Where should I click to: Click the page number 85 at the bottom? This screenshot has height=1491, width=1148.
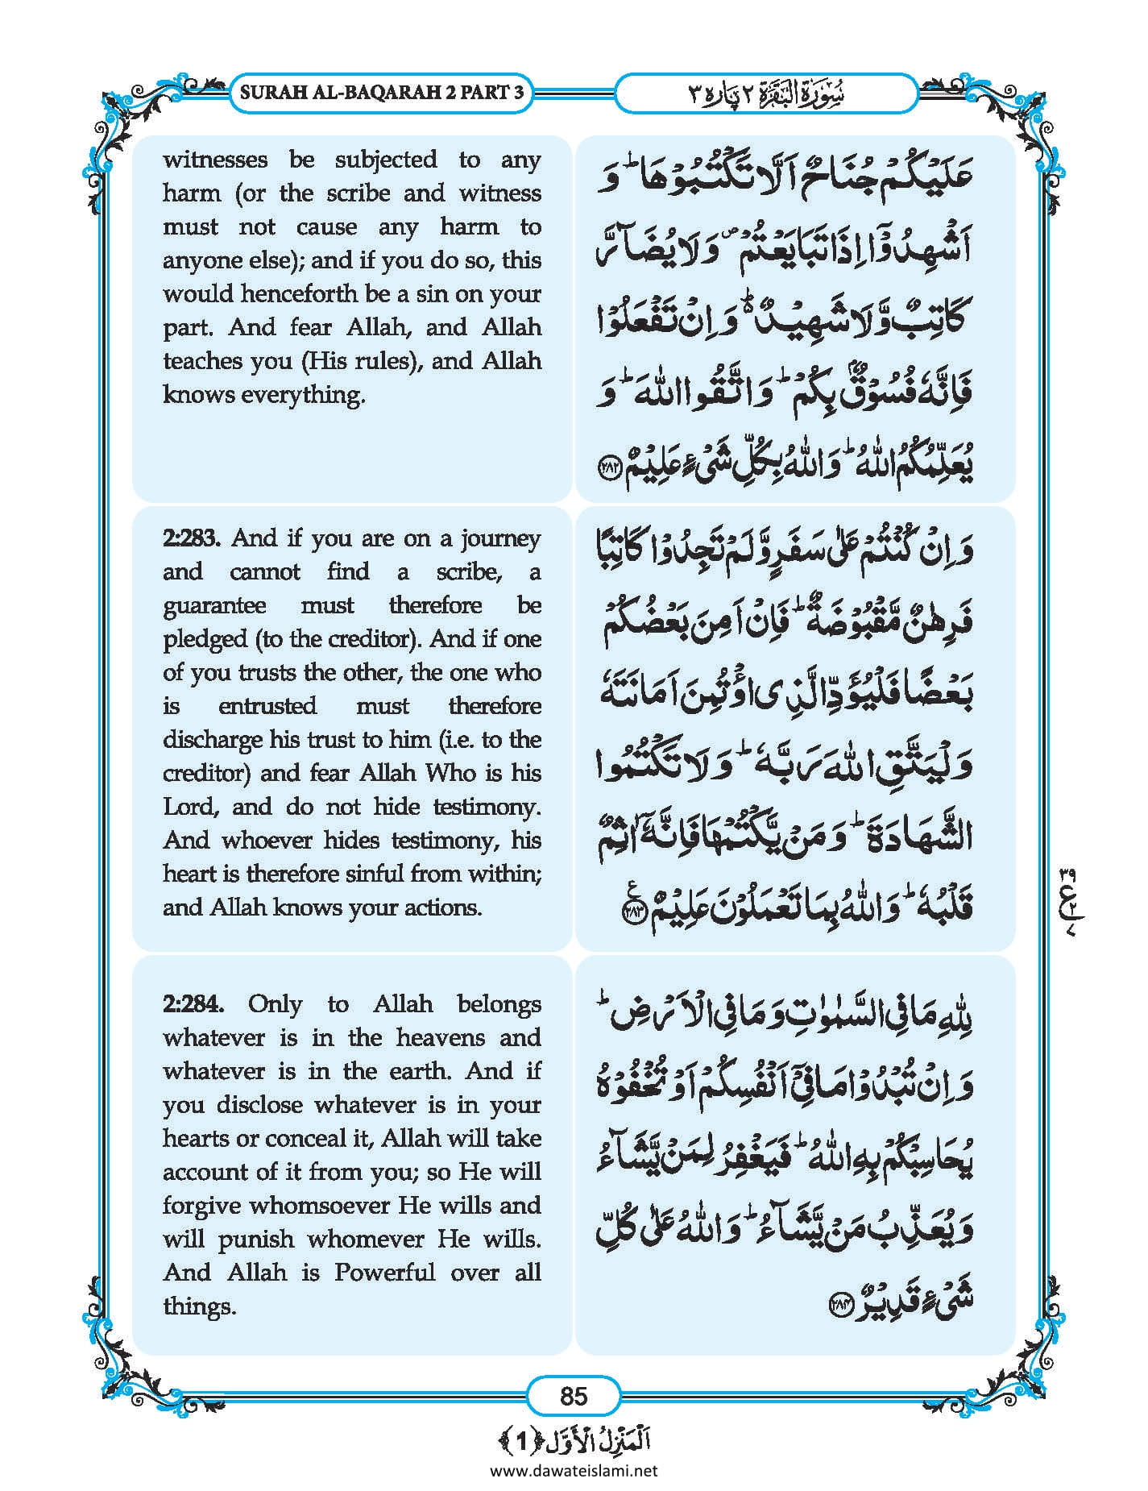(x=573, y=1395)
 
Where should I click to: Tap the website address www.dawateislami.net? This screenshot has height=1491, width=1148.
(x=573, y=1470)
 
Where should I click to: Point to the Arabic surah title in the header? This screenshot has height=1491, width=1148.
(x=765, y=93)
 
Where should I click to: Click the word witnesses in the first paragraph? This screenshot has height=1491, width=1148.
(x=215, y=160)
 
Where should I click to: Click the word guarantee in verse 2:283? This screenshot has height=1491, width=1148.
(x=214, y=606)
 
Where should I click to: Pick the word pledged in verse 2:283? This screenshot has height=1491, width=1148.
(x=205, y=639)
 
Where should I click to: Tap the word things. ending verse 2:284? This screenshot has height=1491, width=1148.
(x=199, y=1306)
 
